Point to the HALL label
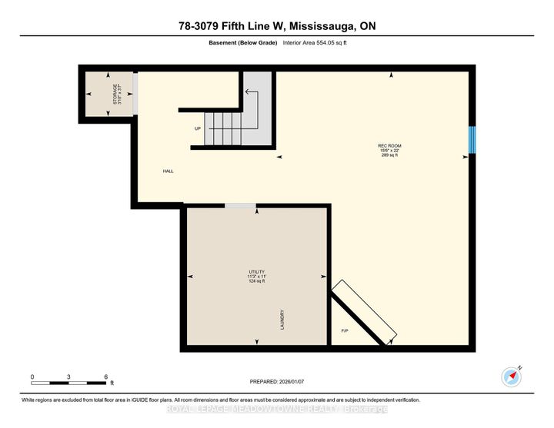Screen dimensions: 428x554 pos(168,171)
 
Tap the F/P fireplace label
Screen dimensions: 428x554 pos(345,331)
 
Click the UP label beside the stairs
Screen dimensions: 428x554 pos(198,129)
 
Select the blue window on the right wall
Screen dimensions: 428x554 pos(472,139)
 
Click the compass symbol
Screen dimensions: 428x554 pos(512,377)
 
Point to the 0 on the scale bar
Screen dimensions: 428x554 pos(32,377)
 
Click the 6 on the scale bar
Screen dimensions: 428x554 pos(105,377)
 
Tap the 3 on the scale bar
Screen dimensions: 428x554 pos(69,377)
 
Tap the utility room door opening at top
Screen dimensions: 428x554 pos(240,205)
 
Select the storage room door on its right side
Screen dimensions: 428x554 pos(135,93)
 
